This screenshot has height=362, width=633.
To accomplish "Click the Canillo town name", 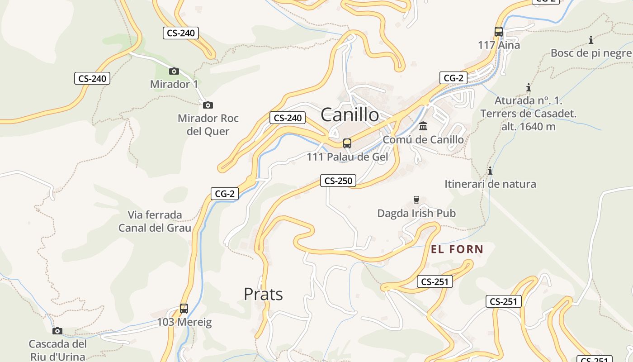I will (x=350, y=114).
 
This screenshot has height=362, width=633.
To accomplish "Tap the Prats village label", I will (x=263, y=294).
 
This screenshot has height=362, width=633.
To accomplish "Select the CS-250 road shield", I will (x=338, y=181).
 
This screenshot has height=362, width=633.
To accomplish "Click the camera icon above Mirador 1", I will (x=174, y=71).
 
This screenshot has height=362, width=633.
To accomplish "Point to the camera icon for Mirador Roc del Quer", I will (x=208, y=105).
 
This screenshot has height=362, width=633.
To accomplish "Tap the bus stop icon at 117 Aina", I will (x=499, y=32).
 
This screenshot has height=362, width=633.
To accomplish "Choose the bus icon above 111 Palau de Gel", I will (x=347, y=143).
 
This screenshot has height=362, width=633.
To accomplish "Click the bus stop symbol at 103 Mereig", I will (x=184, y=309).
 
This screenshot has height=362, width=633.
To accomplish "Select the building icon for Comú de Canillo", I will (x=423, y=126).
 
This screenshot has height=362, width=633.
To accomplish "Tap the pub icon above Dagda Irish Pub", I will (x=416, y=200).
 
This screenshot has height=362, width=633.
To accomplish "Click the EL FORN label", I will (x=457, y=249).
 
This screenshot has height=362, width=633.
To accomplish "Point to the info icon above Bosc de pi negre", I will (x=591, y=40).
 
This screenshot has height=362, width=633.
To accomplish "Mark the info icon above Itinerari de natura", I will (x=490, y=171).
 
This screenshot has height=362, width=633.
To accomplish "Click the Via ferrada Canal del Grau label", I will (x=155, y=221).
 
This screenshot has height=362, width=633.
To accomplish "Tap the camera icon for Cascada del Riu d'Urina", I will (x=57, y=331).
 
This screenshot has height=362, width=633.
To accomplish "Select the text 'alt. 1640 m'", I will (x=528, y=127).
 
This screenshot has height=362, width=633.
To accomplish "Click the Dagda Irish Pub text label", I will (x=416, y=213).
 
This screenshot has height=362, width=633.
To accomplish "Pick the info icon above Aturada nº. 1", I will (x=528, y=87).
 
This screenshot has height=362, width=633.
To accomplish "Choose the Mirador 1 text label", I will (x=174, y=84).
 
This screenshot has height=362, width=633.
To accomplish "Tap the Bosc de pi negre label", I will (x=591, y=53).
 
